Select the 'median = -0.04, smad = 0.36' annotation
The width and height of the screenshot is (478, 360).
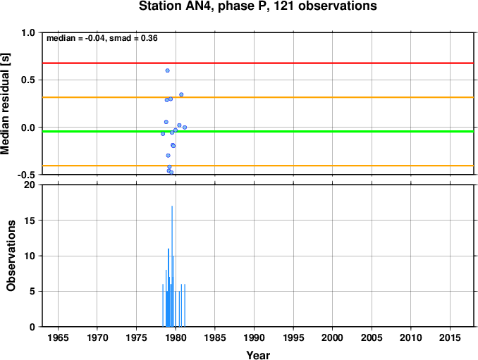[x=102, y=38]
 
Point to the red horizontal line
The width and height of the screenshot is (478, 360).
[x=258, y=63]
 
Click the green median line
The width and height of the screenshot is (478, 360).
[x=258, y=131]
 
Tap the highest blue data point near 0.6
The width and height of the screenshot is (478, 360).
[x=167, y=70]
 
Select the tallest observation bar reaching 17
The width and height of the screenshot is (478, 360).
[x=172, y=266]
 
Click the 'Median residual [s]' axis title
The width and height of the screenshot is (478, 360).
[x=5, y=104]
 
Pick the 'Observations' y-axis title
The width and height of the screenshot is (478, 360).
[x=11, y=256]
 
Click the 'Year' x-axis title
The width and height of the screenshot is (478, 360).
[x=258, y=355]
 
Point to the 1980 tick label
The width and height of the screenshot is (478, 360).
[x=176, y=337]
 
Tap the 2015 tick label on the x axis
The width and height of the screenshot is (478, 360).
[x=450, y=337]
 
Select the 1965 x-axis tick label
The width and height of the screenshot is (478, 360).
[x=58, y=337]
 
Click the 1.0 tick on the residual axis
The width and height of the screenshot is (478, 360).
[x=28, y=32]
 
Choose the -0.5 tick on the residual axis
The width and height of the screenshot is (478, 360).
[x=26, y=175]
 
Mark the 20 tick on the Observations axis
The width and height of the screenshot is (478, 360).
[x=30, y=185]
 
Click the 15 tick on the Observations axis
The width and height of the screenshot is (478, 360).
[x=30, y=221]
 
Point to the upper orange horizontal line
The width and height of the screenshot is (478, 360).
[x=258, y=97]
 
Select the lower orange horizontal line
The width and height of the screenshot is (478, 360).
[x=258, y=166]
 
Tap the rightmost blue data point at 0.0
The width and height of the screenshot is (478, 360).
[x=185, y=128]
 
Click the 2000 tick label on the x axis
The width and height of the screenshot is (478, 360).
[x=332, y=337]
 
